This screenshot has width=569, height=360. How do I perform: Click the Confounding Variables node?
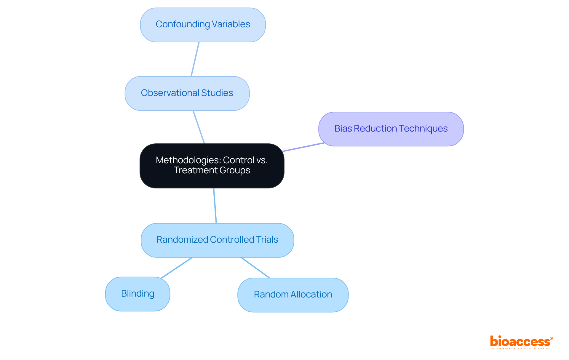[x=203, y=25]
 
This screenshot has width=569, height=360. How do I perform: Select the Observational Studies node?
[x=187, y=93]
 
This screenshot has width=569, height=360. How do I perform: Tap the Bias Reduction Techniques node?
[x=391, y=129]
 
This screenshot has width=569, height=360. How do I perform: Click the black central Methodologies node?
[x=212, y=166]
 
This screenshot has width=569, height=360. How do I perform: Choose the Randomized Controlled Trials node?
[x=217, y=240]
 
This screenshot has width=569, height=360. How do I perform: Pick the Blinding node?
[x=138, y=294]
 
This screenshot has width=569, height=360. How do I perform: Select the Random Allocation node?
[x=293, y=295]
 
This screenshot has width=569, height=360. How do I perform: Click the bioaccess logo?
[x=521, y=342]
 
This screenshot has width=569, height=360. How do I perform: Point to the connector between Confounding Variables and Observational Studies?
[x=195, y=59]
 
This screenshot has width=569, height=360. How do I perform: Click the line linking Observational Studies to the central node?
[x=199, y=127]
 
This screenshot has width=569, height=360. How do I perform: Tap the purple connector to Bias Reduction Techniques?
[x=303, y=147]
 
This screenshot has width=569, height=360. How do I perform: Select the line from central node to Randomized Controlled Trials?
[x=215, y=206]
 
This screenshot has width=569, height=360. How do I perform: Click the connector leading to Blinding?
[x=177, y=268]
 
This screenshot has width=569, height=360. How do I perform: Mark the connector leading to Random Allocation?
[x=255, y=268]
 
